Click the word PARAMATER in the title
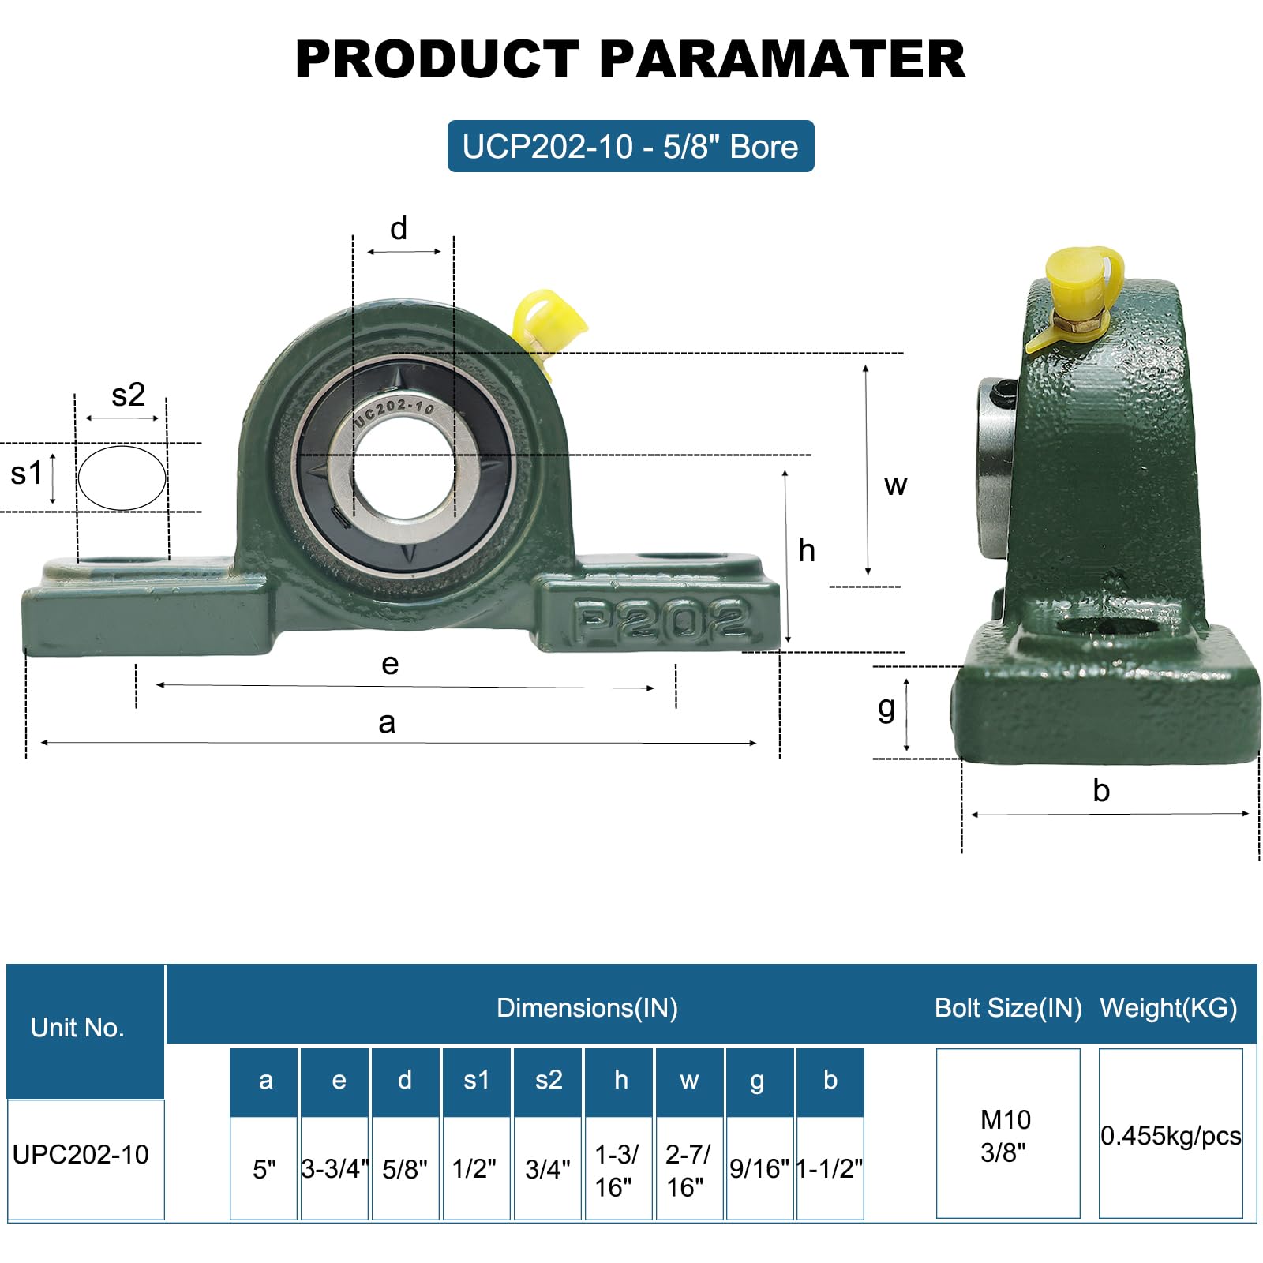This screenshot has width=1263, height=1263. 782,60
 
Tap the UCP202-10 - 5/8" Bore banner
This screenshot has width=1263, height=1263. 630,147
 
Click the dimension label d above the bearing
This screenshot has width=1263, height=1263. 399,229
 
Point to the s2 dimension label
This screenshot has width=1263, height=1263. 128,395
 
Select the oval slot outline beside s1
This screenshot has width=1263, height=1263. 122,478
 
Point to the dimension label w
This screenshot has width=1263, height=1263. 895,485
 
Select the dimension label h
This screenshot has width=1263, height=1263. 806,550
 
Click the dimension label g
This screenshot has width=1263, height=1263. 886,707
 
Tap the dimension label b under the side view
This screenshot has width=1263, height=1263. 1101,790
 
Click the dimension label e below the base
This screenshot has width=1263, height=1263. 390,664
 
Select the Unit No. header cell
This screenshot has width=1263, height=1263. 77,1027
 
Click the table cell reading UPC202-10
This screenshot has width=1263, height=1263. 81,1154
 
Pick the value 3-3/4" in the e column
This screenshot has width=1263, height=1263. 335,1168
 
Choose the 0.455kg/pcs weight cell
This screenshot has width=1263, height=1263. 1171,1135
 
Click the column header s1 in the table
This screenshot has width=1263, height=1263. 476,1079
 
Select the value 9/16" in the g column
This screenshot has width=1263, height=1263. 759,1168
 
